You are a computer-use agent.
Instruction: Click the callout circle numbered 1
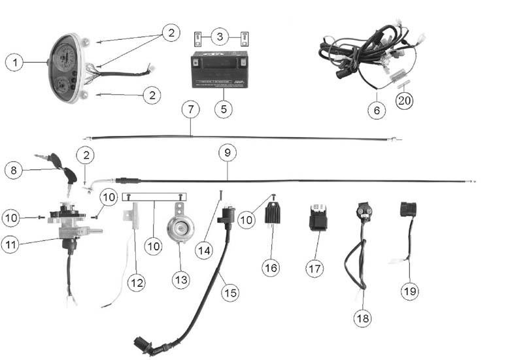[14, 63]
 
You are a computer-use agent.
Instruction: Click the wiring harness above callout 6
[366, 56]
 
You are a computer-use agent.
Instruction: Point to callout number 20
[405, 101]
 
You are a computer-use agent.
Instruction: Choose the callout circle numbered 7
[190, 109]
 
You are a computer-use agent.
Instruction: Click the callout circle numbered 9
[227, 153]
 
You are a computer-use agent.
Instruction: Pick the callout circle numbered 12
[135, 282]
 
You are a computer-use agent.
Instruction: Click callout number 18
[364, 318]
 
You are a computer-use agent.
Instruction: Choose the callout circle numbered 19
[411, 289]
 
